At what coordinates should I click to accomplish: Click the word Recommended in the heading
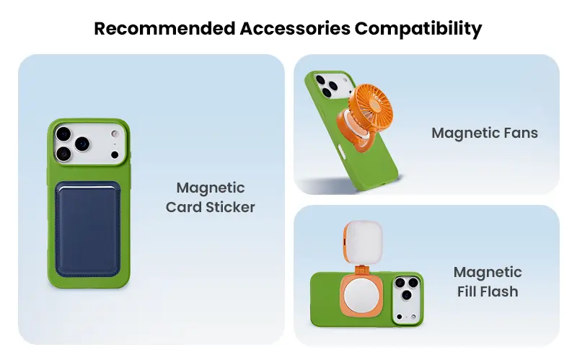click(x=164, y=28)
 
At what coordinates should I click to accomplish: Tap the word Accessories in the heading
click(x=295, y=28)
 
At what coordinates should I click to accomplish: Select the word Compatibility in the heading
click(x=418, y=29)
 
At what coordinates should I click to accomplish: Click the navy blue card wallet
click(x=87, y=229)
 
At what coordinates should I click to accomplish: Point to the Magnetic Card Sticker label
click(x=210, y=197)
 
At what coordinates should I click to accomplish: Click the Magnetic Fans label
click(x=485, y=133)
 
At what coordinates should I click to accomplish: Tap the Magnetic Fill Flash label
click(x=488, y=281)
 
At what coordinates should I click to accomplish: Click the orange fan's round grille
click(x=371, y=106)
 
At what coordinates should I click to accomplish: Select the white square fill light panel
click(x=364, y=242)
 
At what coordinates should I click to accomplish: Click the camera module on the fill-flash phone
click(x=407, y=299)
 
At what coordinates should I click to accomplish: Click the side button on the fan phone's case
click(x=341, y=152)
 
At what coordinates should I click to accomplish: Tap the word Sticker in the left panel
click(x=230, y=207)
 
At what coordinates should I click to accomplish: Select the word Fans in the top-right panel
click(x=521, y=133)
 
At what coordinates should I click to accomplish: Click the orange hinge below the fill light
click(x=363, y=270)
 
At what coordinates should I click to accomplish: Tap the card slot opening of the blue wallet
click(x=87, y=188)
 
